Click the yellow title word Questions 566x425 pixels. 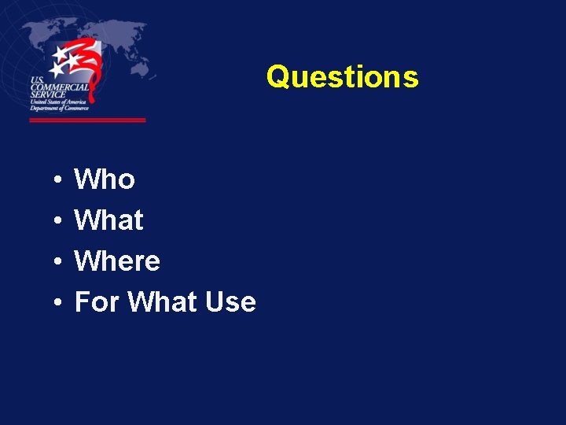tap(342, 77)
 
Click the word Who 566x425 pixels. tap(105, 179)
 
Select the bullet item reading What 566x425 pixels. tap(108, 220)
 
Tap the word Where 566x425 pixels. tap(117, 261)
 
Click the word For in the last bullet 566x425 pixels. tap(97, 302)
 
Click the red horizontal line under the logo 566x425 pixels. tap(87, 120)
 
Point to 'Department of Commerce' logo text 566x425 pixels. tap(59, 109)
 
